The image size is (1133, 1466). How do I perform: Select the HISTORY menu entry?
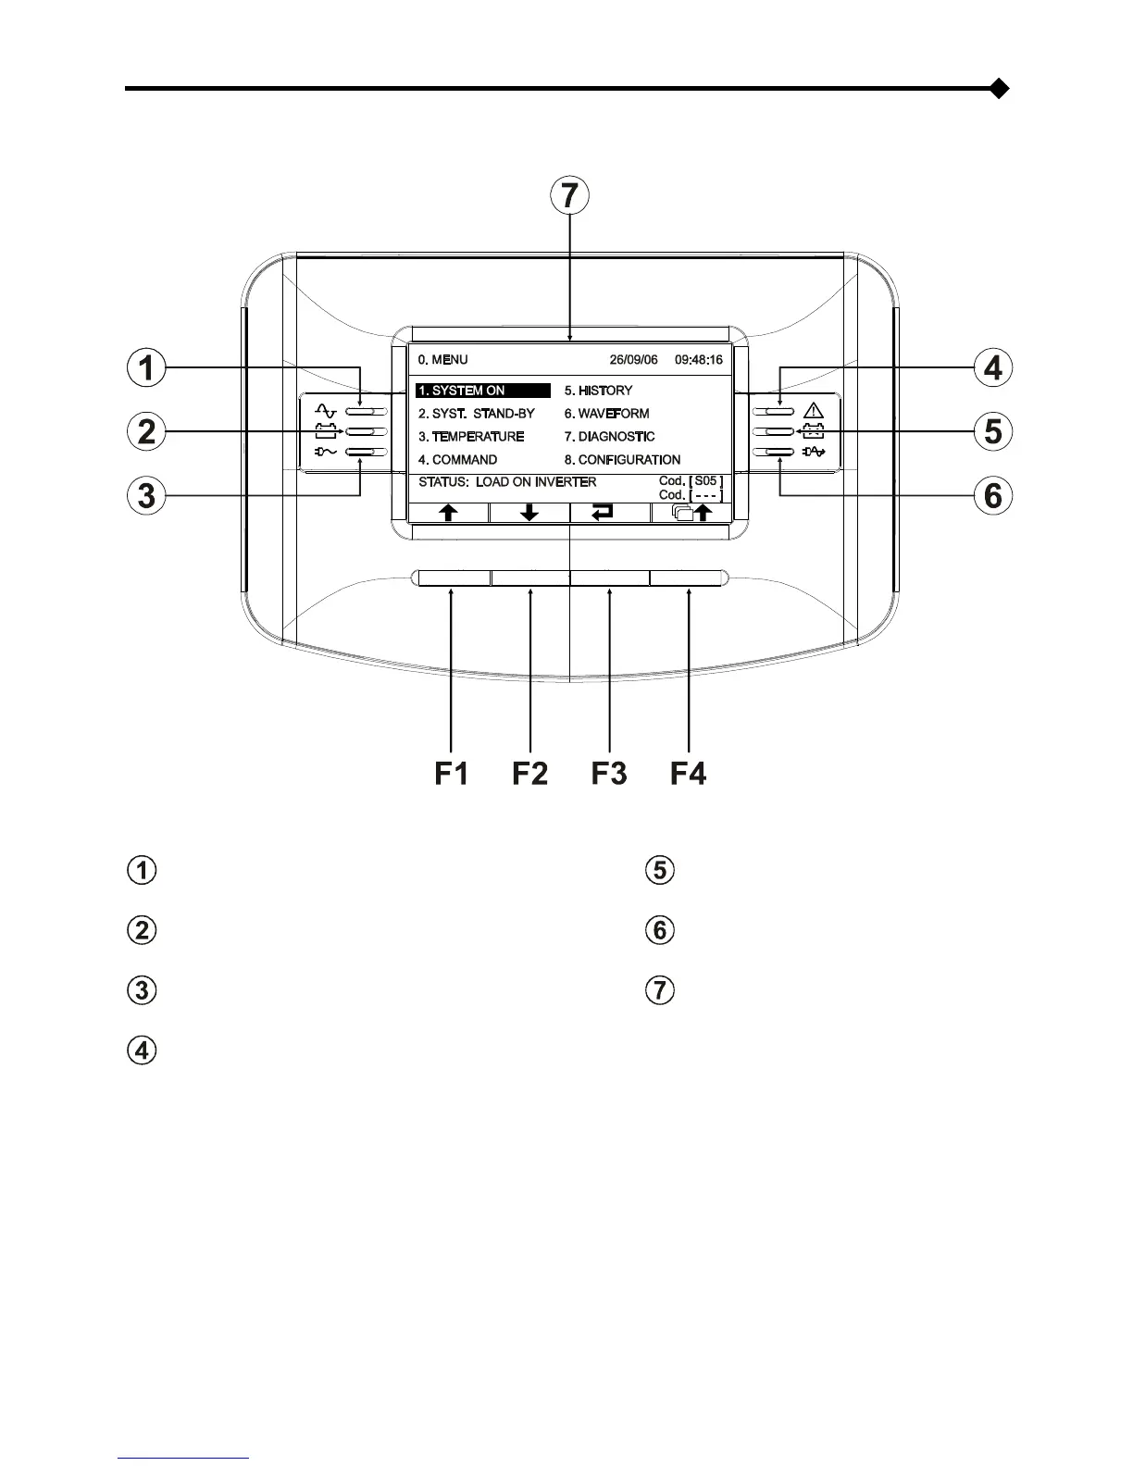point(598,391)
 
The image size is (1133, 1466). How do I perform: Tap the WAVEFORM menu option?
point(606,414)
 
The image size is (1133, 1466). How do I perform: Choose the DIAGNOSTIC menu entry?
point(609,437)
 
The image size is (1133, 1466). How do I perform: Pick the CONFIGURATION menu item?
point(622,460)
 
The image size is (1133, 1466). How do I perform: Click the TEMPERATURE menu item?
point(471,437)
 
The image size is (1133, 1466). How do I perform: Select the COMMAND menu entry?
point(457,460)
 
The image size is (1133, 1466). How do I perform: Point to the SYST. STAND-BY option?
point(476,414)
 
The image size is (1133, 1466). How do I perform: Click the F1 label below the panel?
point(452,773)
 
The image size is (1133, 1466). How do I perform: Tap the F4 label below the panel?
point(688,773)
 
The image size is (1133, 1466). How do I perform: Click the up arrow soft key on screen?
point(448,513)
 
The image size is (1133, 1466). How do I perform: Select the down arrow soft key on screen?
point(529,513)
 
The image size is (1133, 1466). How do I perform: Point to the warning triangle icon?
point(813,410)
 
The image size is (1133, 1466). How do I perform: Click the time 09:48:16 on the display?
point(699,360)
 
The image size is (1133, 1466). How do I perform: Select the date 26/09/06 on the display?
point(633,360)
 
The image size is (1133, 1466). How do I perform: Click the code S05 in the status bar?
point(706,481)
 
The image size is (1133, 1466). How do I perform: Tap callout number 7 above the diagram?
point(569,196)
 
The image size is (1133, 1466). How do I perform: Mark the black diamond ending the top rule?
point(999,89)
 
